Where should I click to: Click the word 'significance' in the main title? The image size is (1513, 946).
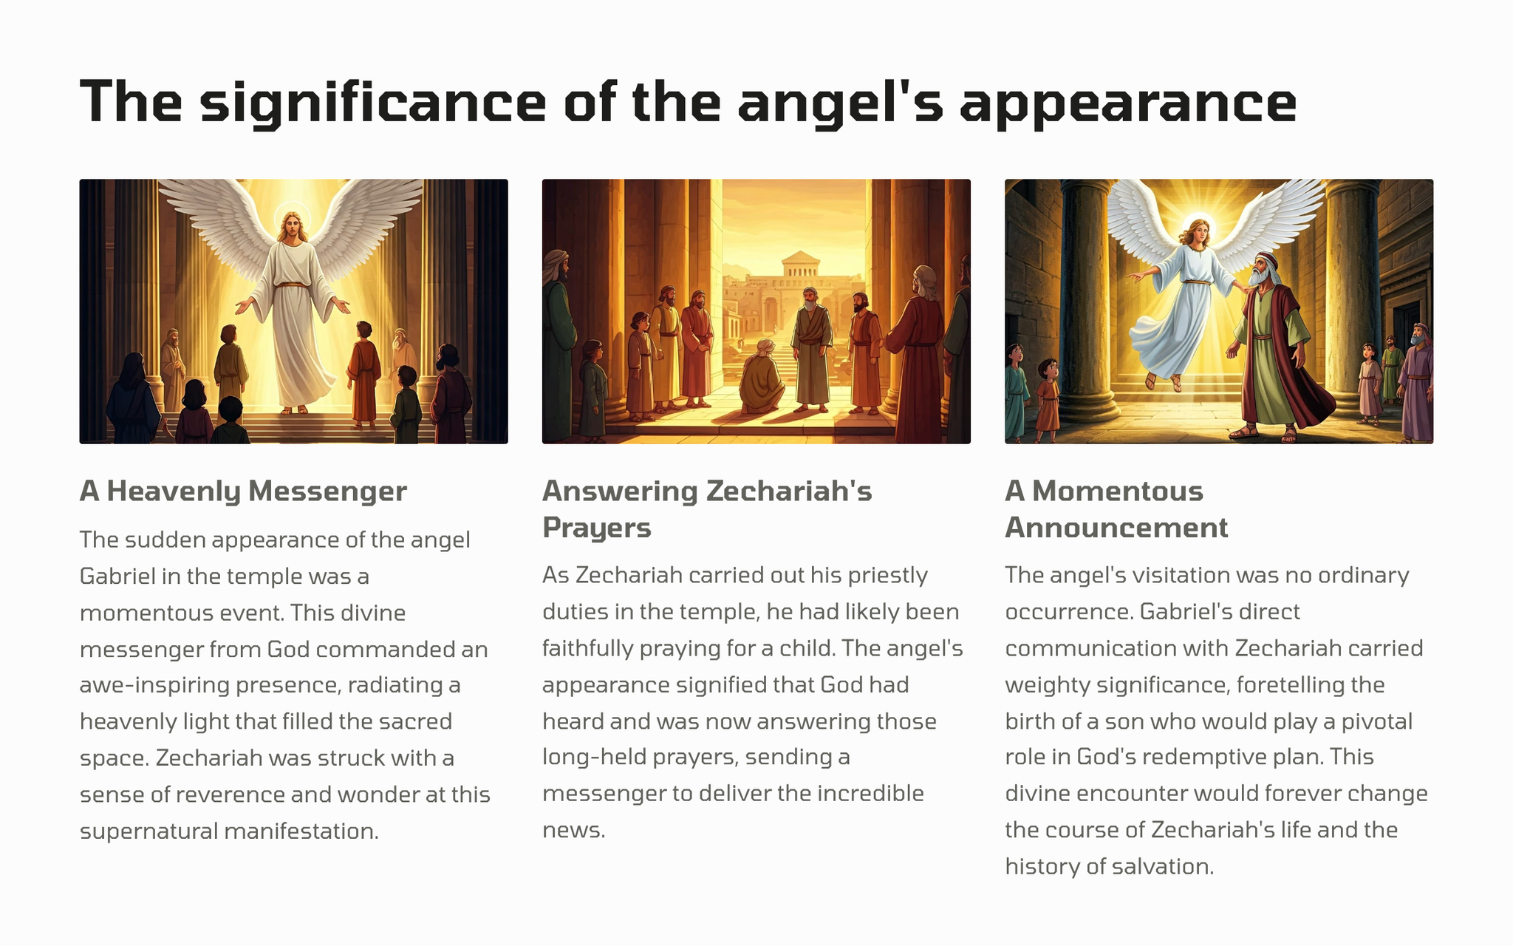point(373,103)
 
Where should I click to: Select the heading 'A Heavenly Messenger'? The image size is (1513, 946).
point(243,491)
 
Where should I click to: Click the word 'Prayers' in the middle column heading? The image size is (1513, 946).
point(597,528)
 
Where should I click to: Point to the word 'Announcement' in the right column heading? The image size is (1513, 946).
point(1116,528)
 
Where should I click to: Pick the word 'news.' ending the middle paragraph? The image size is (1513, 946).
point(574,830)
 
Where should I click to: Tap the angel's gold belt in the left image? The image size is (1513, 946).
point(293,285)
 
